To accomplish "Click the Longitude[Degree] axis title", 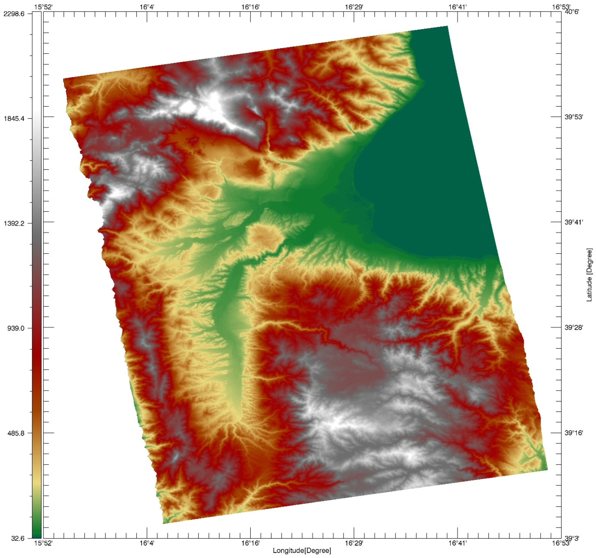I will (302, 551).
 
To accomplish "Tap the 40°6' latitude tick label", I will (572, 12).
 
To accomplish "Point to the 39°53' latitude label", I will (574, 117).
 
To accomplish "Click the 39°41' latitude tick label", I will (574, 222).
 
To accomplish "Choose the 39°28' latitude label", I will (574, 327).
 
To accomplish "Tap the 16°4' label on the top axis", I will (147, 7).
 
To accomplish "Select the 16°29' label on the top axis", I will (354, 7).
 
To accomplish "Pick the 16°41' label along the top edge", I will (458, 7).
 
